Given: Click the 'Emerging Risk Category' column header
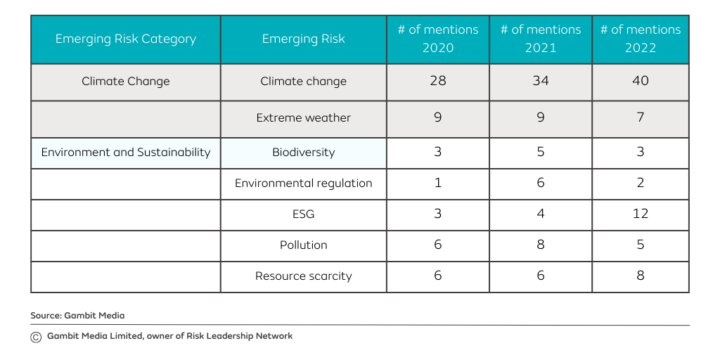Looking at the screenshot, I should (x=126, y=39).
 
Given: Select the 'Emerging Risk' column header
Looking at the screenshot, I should (x=303, y=39).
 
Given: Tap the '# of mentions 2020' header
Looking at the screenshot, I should (x=437, y=39).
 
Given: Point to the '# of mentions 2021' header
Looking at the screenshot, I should (x=541, y=39).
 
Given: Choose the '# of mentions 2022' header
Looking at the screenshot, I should (x=640, y=39).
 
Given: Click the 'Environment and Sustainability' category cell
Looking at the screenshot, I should (x=126, y=153).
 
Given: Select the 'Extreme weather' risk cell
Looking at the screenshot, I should (x=303, y=118).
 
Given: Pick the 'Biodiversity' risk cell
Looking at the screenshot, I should (x=303, y=153).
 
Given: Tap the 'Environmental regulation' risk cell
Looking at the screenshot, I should (x=303, y=184).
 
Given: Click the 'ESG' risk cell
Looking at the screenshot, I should (x=303, y=214).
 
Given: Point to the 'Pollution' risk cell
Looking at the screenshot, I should (x=303, y=245).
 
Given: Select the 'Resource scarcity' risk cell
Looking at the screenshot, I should (x=303, y=276).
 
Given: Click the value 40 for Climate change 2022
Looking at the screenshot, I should (x=640, y=81).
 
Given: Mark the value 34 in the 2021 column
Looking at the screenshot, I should (x=541, y=81).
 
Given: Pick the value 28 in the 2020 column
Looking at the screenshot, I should (x=437, y=81).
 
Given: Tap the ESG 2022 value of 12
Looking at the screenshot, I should (x=640, y=214).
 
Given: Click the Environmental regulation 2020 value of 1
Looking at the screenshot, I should (x=437, y=183).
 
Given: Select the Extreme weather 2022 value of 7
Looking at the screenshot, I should (x=640, y=117).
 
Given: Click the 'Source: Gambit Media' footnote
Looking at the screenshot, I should (x=77, y=316).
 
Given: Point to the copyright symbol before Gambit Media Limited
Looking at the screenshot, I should (x=36, y=337).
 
